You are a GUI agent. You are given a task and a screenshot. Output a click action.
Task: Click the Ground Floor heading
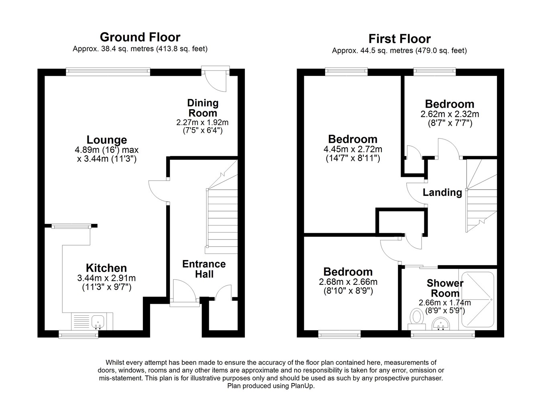click(x=140, y=37)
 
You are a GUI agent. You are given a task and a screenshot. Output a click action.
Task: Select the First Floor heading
click(x=399, y=39)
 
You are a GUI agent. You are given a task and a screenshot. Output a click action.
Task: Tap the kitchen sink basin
click(x=98, y=322)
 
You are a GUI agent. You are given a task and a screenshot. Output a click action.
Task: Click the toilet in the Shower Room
click(x=417, y=319)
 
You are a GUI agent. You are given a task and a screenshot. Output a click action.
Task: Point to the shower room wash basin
click(x=441, y=324)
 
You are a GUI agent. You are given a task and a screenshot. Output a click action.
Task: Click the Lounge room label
click(x=107, y=140)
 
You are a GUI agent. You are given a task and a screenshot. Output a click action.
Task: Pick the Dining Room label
click(x=203, y=108)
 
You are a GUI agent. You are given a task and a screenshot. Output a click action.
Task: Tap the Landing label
click(x=442, y=193)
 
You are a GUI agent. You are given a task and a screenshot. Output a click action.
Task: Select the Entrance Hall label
click(x=204, y=269)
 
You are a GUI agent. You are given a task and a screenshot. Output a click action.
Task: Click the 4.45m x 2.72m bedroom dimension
click(x=353, y=149)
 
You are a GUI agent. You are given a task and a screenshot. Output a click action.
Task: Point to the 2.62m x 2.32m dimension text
click(x=450, y=114)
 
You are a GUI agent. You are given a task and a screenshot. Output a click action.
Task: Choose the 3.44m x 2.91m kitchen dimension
click(x=106, y=278)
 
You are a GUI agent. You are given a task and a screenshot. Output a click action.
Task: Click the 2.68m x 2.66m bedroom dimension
click(x=348, y=282)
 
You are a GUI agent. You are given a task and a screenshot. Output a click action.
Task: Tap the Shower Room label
click(x=445, y=288)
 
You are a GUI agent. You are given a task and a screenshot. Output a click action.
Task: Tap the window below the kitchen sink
click(x=79, y=335)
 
